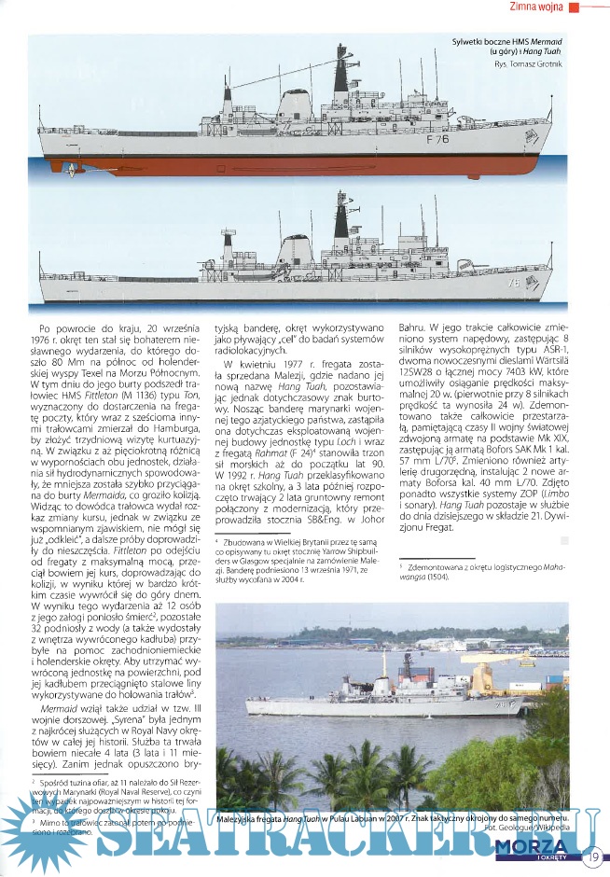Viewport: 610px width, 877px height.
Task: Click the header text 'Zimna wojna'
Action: [x=535, y=8]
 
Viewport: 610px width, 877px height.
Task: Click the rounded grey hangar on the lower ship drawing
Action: [x=297, y=249]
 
